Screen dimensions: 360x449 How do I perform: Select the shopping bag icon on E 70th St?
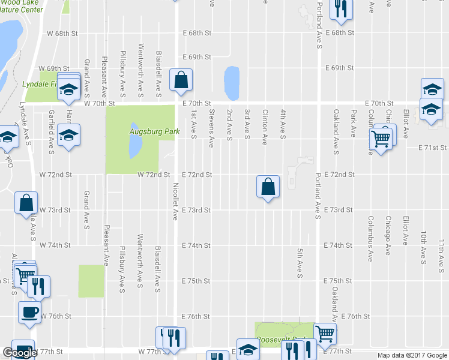click(181, 80)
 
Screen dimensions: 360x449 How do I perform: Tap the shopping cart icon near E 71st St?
click(381, 139)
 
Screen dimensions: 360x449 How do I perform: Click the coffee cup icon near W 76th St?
click(29, 311)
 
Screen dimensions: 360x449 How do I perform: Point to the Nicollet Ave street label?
click(176, 201)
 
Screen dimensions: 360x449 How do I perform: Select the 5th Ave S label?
click(299, 263)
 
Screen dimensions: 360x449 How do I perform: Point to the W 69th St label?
click(53, 69)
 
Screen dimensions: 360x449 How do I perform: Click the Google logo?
click(20, 353)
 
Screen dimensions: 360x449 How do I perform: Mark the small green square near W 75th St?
click(91, 280)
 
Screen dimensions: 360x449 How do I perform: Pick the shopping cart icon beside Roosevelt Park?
click(325, 333)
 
